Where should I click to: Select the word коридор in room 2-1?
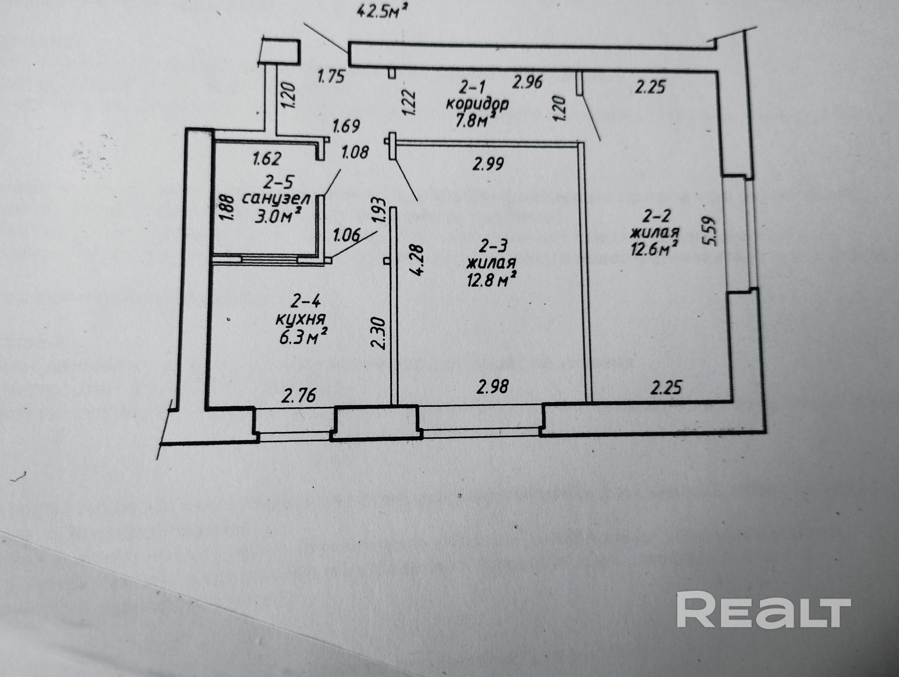click(x=477, y=104)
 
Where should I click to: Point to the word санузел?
click(x=276, y=199)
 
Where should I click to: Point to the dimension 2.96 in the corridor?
click(x=527, y=82)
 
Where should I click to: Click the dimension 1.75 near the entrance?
click(x=331, y=76)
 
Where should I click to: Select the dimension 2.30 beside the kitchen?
click(x=378, y=333)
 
